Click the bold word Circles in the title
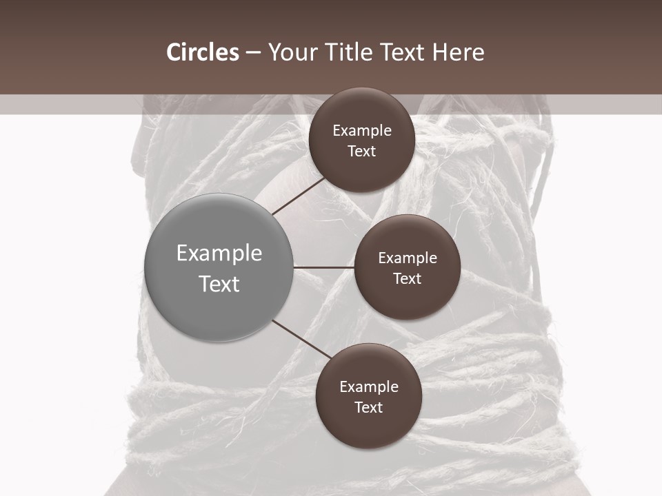202,52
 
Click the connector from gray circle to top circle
299,196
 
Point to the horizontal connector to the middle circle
324,267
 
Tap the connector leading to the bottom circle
302,340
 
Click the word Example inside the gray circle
219,254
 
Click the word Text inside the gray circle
219,284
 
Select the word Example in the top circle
362,131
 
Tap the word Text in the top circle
361,152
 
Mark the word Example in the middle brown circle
408,258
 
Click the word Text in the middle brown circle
407,279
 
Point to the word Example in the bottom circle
369,387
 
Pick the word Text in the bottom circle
368,408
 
